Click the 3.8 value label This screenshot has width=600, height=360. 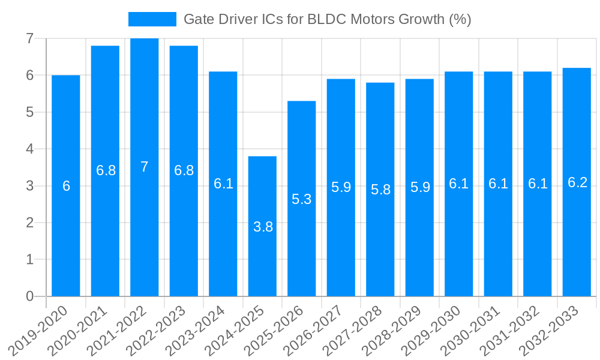pos(263,227)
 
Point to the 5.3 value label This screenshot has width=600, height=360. pos(302,199)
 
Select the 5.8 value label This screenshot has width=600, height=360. pos(380,190)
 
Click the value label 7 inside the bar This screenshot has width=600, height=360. pos(145,167)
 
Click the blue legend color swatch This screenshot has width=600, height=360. pos(152,19)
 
